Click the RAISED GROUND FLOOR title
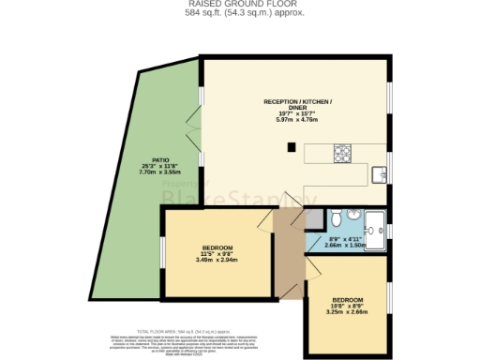239,4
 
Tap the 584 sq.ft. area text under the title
239,13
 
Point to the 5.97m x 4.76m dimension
298,119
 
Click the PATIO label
161,158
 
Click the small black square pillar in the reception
291,146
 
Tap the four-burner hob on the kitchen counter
340,152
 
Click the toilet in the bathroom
337,218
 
